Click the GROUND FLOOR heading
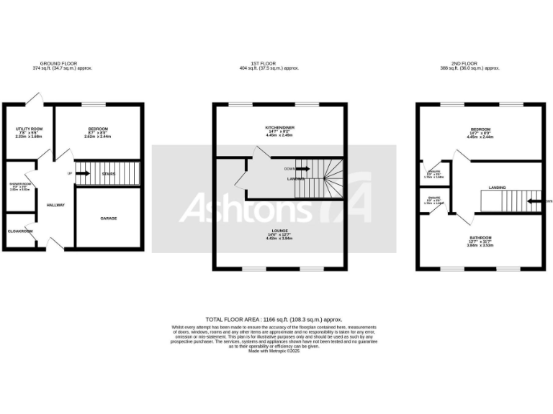(x=62, y=64)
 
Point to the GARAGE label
(x=108, y=218)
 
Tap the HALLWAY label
(x=55, y=206)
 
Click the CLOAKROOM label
(x=20, y=231)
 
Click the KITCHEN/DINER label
(x=280, y=128)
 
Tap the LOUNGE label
(x=280, y=231)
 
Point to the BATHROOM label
(x=480, y=237)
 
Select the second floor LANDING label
(x=497, y=188)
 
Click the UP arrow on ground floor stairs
(x=81, y=172)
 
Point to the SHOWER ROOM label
(x=19, y=184)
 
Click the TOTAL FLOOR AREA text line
(x=274, y=319)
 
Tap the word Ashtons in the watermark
(x=245, y=208)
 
